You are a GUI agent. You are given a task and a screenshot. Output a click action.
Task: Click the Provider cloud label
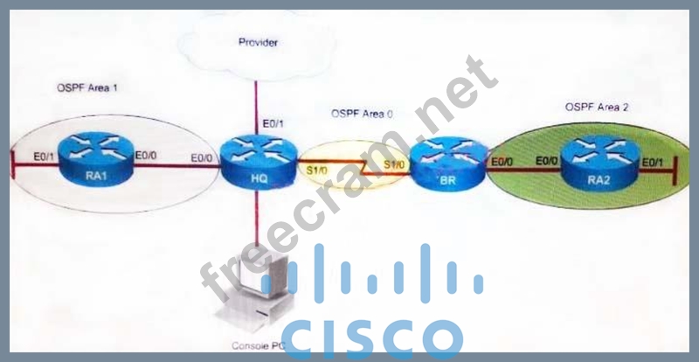pos(259,41)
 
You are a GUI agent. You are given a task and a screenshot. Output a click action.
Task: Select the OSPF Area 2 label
pos(597,107)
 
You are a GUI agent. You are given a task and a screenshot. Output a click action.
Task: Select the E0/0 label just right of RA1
pos(145,157)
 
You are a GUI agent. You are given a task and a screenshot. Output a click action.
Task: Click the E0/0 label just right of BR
pos(502,161)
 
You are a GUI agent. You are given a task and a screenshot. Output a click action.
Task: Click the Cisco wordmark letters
pos(376,338)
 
